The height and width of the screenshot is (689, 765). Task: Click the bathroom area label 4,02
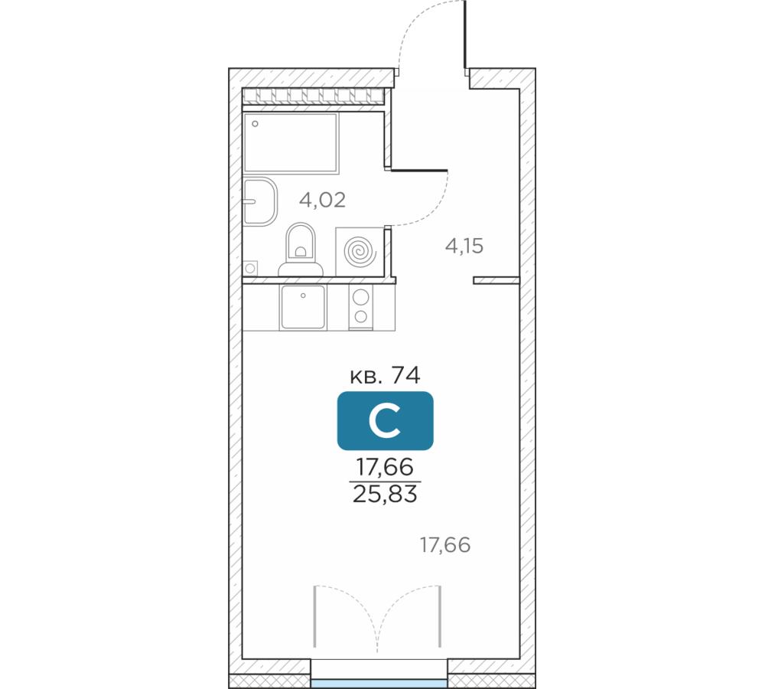pyautogui.click(x=323, y=200)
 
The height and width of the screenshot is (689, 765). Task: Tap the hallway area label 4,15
pyautogui.click(x=464, y=246)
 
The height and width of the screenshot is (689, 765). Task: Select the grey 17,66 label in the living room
pyautogui.click(x=445, y=545)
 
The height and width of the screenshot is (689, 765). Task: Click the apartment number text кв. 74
pyautogui.click(x=386, y=376)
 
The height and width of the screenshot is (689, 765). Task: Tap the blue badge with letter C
pyautogui.click(x=386, y=420)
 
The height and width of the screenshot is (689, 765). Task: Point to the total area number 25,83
pyautogui.click(x=386, y=494)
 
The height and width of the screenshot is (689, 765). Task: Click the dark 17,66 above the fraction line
pyautogui.click(x=386, y=467)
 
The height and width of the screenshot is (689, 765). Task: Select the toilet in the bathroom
pyautogui.click(x=301, y=250)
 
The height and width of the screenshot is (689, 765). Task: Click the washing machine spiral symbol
pyautogui.click(x=360, y=252)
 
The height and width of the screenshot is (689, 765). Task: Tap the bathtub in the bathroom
pyautogui.click(x=291, y=143)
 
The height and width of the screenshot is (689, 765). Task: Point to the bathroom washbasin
pyautogui.click(x=260, y=201)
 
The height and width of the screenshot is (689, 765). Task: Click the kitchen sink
pyautogui.click(x=303, y=307)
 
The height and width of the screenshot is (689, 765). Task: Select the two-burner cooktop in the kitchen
pyautogui.click(x=361, y=307)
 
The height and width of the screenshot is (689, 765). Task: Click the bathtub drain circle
pyautogui.click(x=255, y=124)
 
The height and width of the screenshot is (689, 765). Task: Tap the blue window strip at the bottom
pyautogui.click(x=379, y=684)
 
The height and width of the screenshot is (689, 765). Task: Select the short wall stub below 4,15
pyautogui.click(x=496, y=280)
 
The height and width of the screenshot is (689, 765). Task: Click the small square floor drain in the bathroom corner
pyautogui.click(x=250, y=268)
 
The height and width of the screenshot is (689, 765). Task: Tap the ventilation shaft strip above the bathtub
pyautogui.click(x=313, y=96)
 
